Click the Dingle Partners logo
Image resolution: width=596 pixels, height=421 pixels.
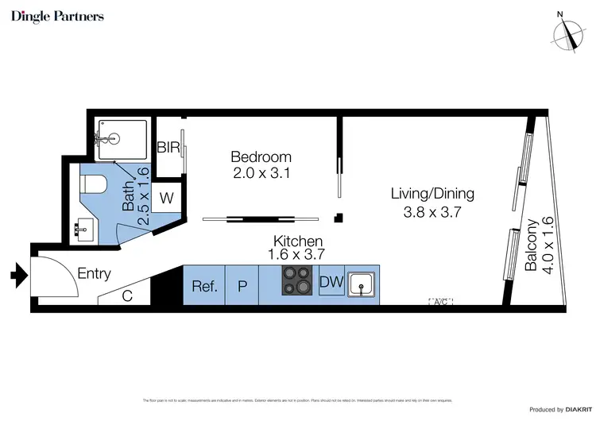click(57, 17)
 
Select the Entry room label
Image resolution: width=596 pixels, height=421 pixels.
click(94, 274)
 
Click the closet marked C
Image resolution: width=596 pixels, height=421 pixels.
click(126, 295)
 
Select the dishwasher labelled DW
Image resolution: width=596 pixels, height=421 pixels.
click(331, 281)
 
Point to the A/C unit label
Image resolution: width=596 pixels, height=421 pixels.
click(440, 302)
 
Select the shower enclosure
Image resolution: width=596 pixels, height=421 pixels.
click(121, 141)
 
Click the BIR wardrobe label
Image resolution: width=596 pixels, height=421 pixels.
click(168, 148)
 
